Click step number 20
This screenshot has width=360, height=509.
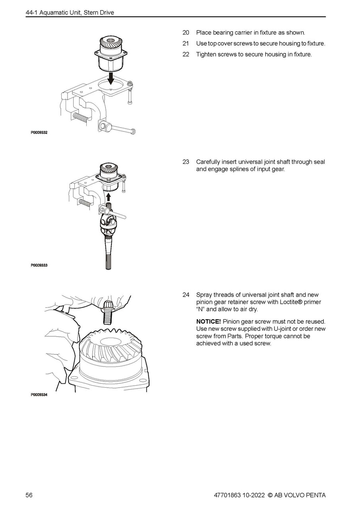[186, 33]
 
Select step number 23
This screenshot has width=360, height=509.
[186, 162]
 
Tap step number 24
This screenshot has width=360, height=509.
[186, 295]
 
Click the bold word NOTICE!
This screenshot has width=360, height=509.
[208, 321]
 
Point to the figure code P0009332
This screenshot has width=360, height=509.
[39, 133]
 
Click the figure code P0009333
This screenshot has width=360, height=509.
[39, 265]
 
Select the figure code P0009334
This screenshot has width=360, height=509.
[39, 395]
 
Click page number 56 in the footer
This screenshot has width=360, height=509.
[29, 495]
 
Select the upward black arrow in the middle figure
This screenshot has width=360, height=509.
[109, 196]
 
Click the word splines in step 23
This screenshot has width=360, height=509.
[235, 169]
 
